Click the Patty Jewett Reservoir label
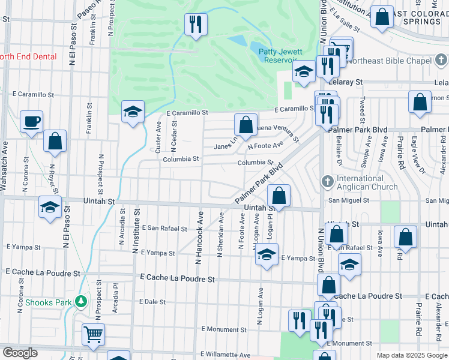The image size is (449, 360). click(280, 56)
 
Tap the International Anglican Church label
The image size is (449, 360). click(359, 182)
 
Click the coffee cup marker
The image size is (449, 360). click(31, 122)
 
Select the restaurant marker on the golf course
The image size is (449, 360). click(195, 24)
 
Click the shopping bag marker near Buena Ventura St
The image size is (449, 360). click(246, 125)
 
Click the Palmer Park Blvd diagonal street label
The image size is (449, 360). click(259, 184)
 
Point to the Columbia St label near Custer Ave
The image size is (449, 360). click(181, 159)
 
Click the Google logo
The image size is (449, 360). click(20, 353)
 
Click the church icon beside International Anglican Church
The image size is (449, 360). click(328, 181)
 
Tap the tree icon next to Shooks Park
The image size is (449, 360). click(79, 302)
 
